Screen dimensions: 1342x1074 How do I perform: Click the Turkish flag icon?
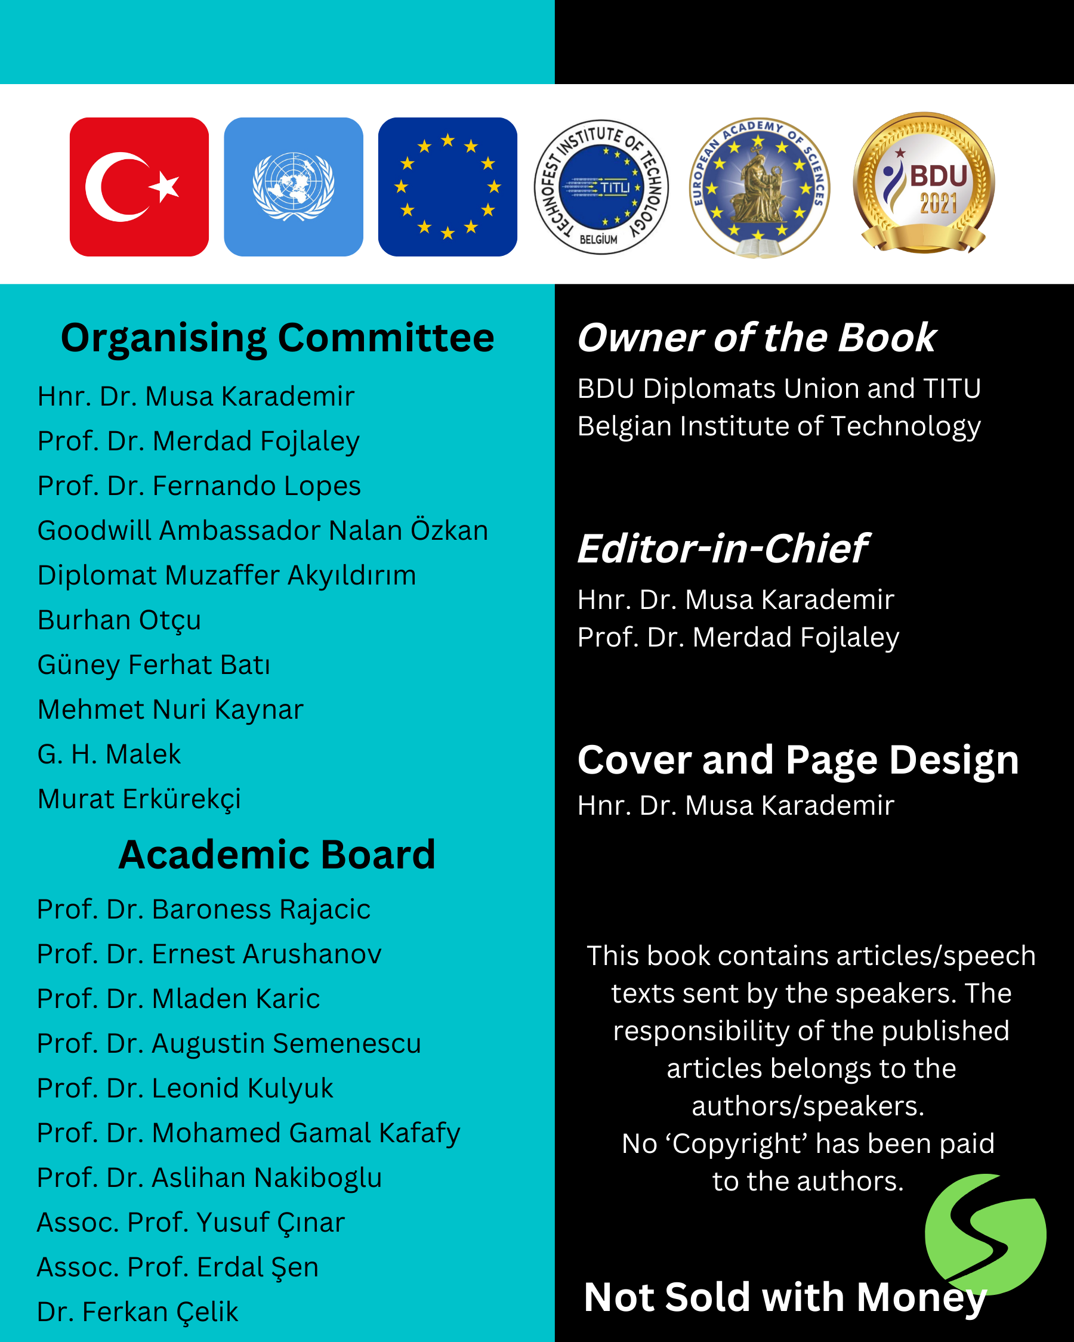click(139, 187)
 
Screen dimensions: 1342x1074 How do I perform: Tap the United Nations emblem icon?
click(293, 187)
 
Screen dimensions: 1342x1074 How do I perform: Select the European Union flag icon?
click(447, 187)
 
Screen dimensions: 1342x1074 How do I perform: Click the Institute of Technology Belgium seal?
click(601, 187)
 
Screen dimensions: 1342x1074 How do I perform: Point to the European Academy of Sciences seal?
click(759, 187)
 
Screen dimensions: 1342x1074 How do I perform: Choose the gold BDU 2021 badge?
click(923, 183)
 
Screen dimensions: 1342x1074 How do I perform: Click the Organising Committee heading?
click(277, 338)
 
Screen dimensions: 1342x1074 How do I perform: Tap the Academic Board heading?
click(277, 855)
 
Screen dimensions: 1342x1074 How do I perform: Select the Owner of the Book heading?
click(757, 338)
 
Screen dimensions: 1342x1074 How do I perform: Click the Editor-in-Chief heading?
click(722, 548)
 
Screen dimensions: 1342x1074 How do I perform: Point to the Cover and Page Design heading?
click(798, 760)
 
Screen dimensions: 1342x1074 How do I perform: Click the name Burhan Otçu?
click(119, 620)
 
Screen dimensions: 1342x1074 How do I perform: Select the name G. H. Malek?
click(109, 755)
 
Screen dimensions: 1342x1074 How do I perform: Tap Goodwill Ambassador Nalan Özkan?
click(262, 530)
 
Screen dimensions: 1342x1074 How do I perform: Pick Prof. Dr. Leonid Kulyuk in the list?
click(185, 1088)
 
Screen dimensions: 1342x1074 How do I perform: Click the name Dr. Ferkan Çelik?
click(137, 1312)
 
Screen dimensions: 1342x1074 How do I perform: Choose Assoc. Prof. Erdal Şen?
click(177, 1267)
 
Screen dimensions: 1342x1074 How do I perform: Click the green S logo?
click(985, 1233)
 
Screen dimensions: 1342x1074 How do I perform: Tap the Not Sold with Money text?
click(785, 1297)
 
